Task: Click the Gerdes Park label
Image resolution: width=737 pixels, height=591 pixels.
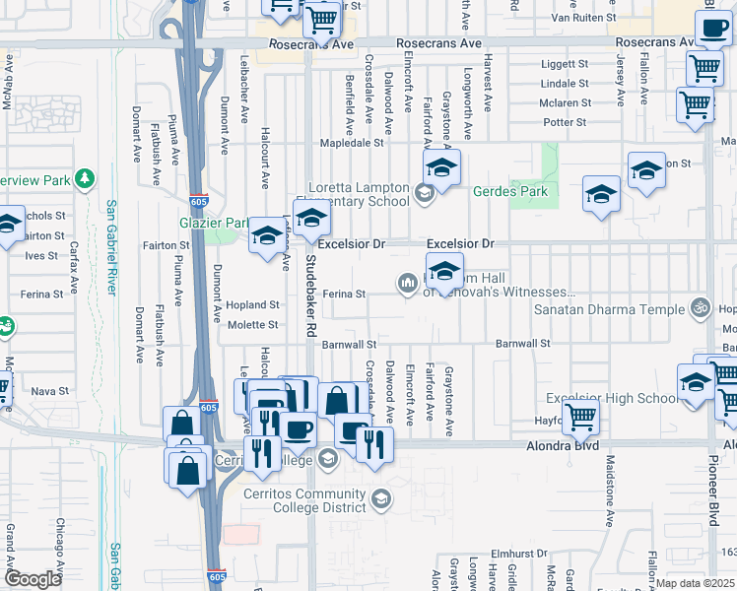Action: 509,191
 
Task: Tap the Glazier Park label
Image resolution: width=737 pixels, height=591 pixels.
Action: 213,223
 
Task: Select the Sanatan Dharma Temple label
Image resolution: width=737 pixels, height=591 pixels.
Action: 609,309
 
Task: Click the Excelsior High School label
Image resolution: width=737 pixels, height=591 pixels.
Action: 614,398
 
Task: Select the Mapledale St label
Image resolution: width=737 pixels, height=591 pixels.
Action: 350,143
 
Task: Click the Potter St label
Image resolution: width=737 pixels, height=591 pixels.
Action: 565,122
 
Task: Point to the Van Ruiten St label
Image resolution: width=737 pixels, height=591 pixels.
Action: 583,18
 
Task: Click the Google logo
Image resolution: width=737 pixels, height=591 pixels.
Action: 33,579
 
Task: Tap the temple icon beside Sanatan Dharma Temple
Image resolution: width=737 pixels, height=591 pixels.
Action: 701,308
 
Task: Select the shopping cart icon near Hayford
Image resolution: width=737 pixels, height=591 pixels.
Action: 581,419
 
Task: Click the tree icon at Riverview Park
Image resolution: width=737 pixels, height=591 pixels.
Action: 87,179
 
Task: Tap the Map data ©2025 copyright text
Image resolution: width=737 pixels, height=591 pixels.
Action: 696,583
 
